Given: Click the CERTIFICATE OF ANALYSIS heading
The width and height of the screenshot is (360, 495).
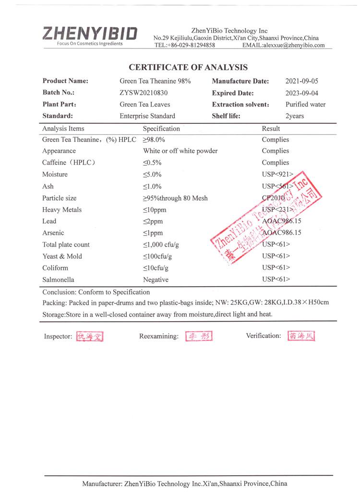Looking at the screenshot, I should (188, 68).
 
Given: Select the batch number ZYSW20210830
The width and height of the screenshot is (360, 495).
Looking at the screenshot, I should (144, 93).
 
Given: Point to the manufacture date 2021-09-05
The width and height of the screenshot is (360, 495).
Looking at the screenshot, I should (301, 81).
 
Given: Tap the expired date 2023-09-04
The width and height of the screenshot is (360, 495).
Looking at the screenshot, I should (301, 93).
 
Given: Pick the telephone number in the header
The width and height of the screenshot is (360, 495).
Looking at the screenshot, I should (185, 45).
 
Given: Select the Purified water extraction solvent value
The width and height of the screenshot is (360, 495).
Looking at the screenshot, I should (305, 104).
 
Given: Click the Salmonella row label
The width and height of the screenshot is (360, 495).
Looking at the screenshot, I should (58, 279).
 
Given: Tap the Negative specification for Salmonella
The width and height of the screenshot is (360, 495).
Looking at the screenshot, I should (156, 279).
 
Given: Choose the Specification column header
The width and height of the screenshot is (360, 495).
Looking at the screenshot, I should (161, 129).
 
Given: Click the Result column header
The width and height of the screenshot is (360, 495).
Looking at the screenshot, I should (271, 129).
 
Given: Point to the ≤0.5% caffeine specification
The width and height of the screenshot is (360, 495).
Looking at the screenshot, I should (152, 163).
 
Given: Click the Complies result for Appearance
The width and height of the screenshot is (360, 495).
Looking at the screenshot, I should (276, 151).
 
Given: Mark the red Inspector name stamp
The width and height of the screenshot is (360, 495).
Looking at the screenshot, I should (90, 337).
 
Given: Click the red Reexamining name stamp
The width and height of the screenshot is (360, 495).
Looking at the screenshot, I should (199, 336).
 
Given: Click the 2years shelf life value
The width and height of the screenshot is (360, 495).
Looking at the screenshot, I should (295, 116).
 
